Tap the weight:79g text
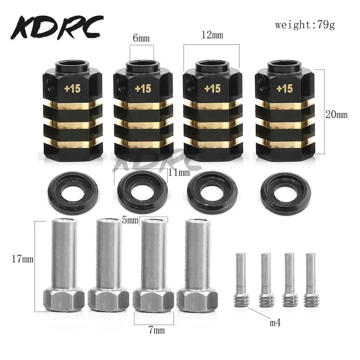click(x=305, y=25)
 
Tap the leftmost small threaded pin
click(x=240, y=279)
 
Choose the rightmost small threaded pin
click(x=309, y=279)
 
